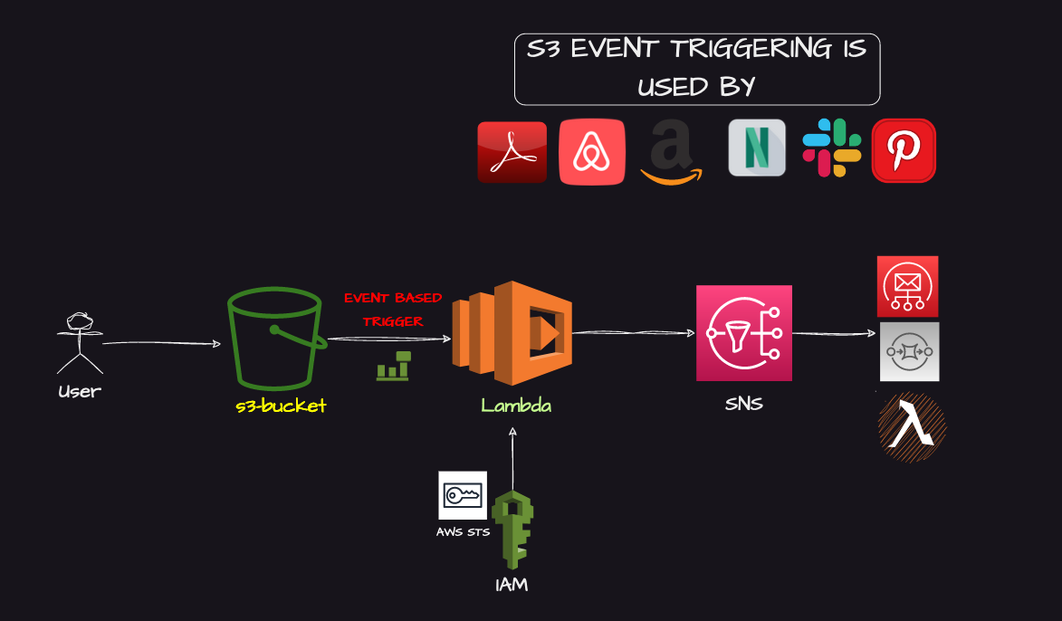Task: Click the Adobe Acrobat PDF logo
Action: [x=512, y=151]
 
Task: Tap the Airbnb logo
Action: [x=592, y=151]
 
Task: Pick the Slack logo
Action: [x=831, y=148]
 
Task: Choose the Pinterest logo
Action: [x=903, y=150]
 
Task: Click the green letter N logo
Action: [x=757, y=148]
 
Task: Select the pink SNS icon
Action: [x=743, y=333]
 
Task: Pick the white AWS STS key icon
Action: [x=462, y=495]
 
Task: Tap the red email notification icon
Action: [x=907, y=286]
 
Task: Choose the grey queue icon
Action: [x=909, y=351]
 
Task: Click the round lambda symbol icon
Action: [x=912, y=426]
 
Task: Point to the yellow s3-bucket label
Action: [x=281, y=406]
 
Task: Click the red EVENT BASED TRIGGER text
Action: [x=393, y=309]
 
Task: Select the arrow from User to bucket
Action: [x=161, y=343]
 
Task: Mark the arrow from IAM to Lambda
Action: [x=512, y=457]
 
